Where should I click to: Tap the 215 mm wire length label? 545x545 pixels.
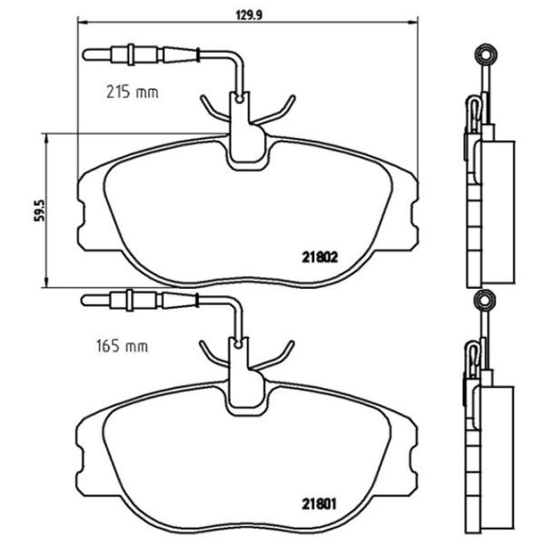coord(125,92)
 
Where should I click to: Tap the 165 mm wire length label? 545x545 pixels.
coord(122,346)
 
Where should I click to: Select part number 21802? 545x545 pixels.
coord(319,256)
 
